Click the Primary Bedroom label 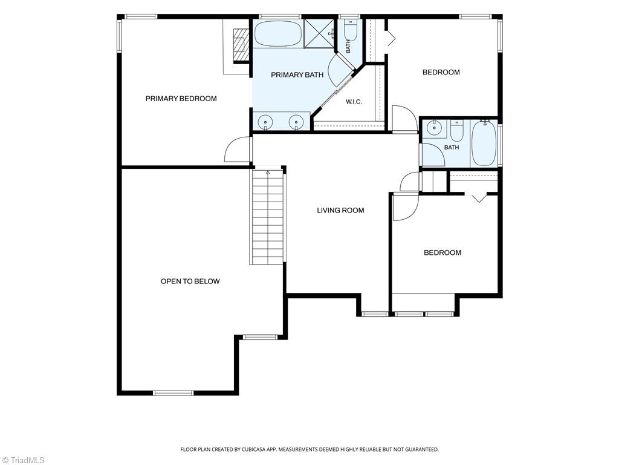(x=181, y=99)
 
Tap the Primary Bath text (x=297, y=74)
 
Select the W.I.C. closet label (x=354, y=102)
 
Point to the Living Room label (x=341, y=210)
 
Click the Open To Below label (x=190, y=281)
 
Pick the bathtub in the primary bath (x=278, y=34)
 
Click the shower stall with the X (x=319, y=34)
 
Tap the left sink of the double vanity (x=265, y=122)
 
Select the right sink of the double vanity (x=296, y=122)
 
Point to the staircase (x=268, y=217)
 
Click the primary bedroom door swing (x=237, y=149)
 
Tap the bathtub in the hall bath (x=484, y=143)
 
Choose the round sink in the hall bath (x=435, y=128)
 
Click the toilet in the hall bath (x=457, y=131)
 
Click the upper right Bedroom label (x=441, y=72)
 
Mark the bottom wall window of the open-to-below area (x=173, y=393)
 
